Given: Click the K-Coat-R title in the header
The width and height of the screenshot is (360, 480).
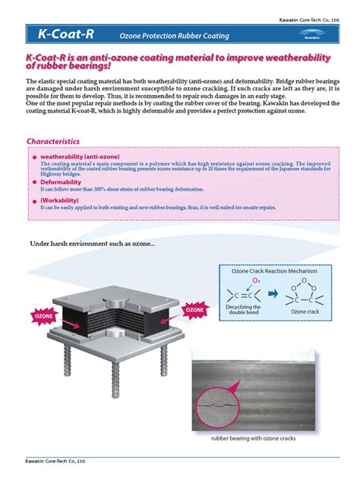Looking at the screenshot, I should (x=65, y=33).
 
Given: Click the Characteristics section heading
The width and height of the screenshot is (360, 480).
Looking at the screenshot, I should (x=53, y=141).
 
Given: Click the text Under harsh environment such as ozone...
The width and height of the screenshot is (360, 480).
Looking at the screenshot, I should (x=92, y=243).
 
